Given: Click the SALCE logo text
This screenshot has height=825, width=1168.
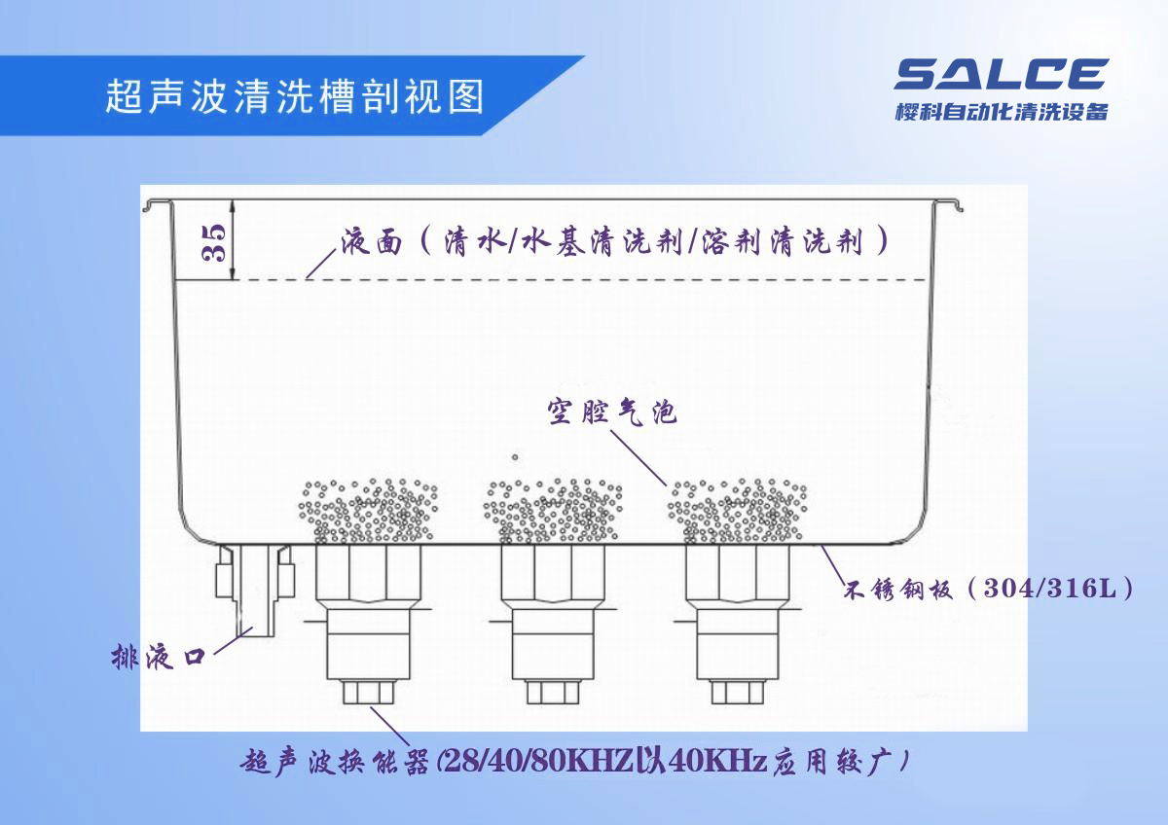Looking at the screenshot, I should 1001,74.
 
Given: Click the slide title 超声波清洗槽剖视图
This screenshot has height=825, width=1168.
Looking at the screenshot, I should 293,97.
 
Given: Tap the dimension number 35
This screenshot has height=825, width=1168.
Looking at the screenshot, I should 215,241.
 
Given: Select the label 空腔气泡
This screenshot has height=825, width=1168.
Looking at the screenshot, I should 609,412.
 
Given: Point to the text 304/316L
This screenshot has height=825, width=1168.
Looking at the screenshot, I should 1051,589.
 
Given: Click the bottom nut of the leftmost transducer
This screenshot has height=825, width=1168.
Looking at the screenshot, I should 368,692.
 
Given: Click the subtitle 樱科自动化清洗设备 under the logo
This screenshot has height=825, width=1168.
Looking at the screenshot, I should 1001,112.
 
